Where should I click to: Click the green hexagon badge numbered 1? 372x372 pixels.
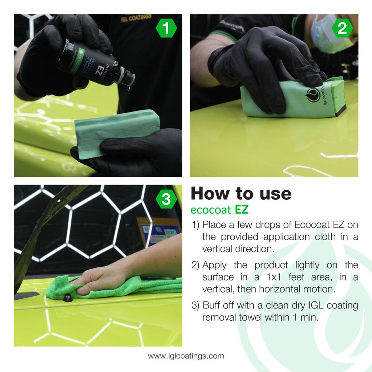click(166, 29)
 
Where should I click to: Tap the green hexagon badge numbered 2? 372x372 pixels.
click(342, 29)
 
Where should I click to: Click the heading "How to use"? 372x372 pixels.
click(241, 194)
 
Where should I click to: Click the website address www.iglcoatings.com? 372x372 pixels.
click(186, 356)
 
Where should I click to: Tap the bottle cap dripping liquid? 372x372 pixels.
click(128, 77)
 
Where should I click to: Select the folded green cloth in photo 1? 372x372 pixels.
click(116, 131)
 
